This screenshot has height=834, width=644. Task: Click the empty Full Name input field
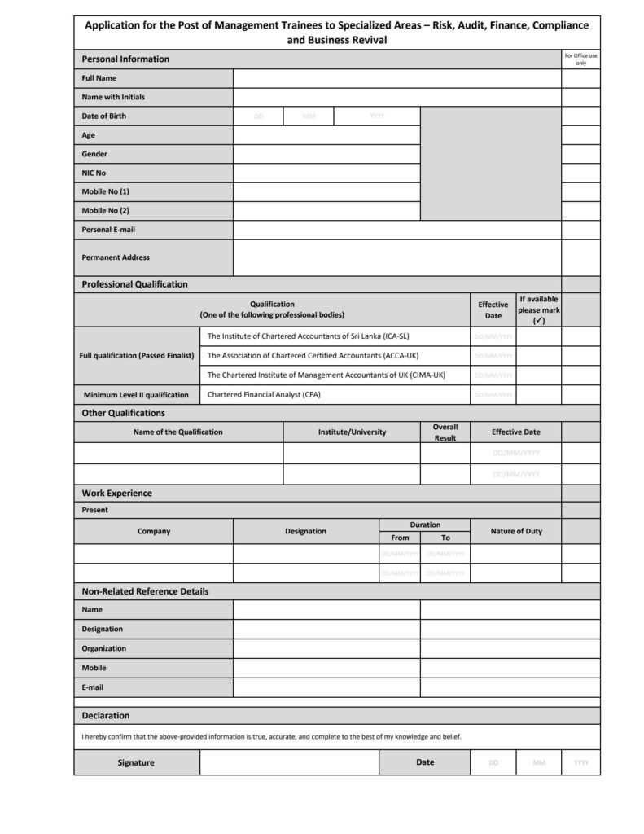(x=396, y=78)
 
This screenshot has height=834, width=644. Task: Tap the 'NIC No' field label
(x=94, y=173)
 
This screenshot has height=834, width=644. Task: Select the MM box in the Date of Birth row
(x=309, y=116)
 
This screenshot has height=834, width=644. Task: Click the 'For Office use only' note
(x=580, y=59)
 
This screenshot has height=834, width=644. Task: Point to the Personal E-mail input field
(x=396, y=230)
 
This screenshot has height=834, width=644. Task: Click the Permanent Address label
(x=116, y=257)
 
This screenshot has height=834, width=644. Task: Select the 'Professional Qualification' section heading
(x=134, y=284)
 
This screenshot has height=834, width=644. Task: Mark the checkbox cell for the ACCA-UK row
(x=538, y=356)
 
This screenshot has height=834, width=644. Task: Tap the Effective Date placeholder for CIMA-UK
(x=493, y=375)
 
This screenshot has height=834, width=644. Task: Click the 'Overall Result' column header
(x=445, y=432)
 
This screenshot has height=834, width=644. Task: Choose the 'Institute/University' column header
(x=352, y=432)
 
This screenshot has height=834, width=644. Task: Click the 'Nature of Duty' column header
(x=515, y=531)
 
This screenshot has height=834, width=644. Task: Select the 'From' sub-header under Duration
(x=400, y=538)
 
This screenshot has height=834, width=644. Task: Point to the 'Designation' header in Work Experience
(x=305, y=531)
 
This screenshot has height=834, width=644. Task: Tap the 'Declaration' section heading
(x=105, y=716)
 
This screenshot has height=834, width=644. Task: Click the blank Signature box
(x=289, y=762)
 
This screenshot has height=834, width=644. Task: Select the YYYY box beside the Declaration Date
(x=580, y=762)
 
